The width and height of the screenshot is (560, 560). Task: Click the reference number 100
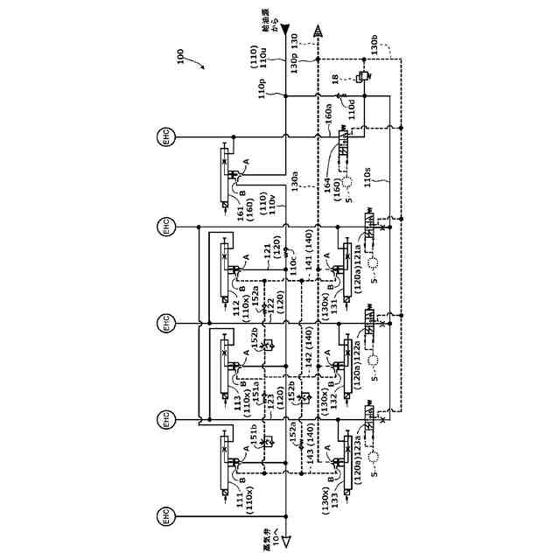click(x=179, y=57)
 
